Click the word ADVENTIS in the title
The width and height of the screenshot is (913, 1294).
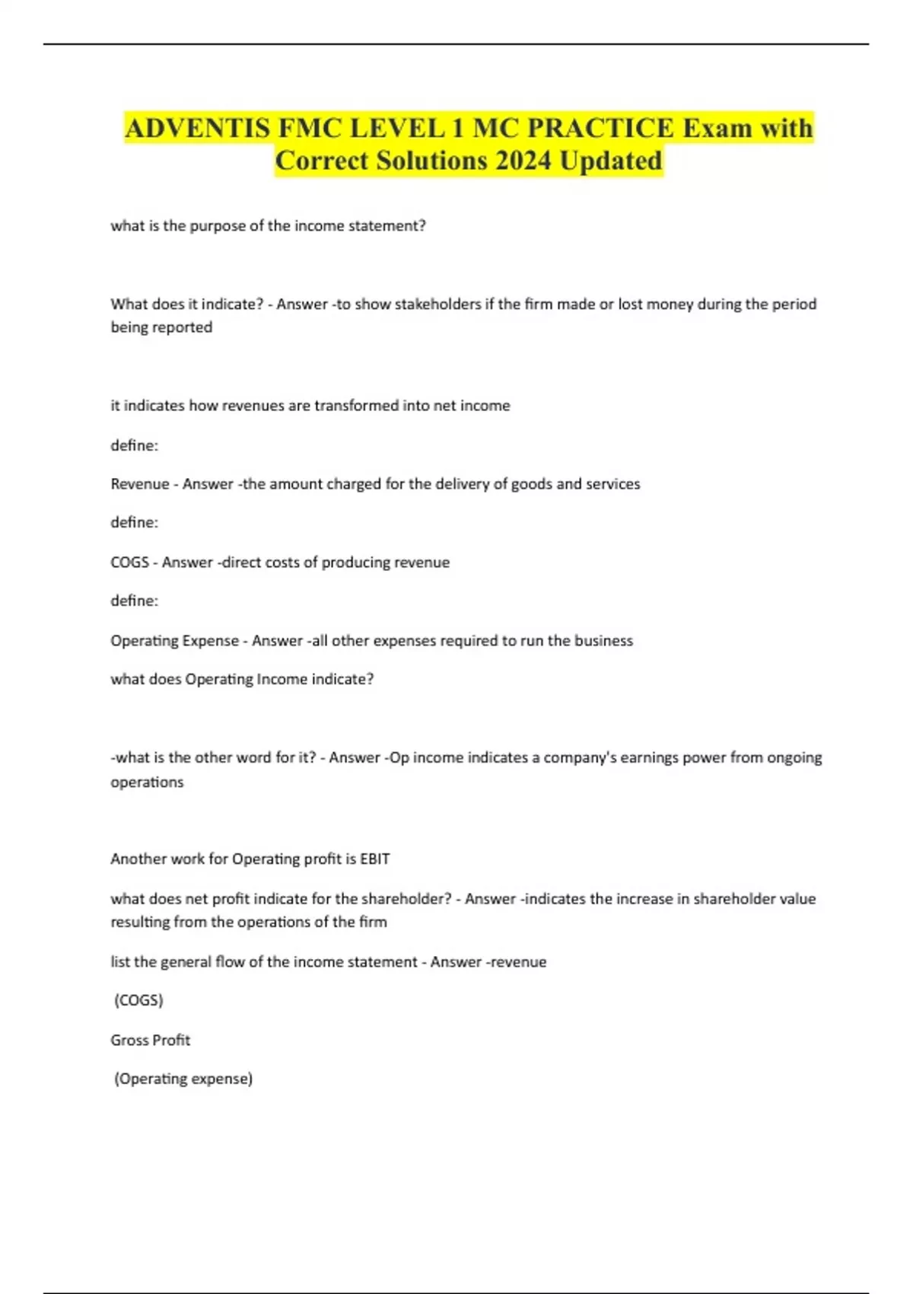(x=197, y=128)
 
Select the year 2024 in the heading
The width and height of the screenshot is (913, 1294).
(x=523, y=161)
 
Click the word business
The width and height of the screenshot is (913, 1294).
(x=603, y=641)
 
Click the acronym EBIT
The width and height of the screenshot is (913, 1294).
(x=374, y=859)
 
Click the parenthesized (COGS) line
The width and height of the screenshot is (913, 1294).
(x=138, y=1000)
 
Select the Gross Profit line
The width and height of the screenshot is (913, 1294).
(x=150, y=1040)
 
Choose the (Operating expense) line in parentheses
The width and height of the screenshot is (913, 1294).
(x=183, y=1079)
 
